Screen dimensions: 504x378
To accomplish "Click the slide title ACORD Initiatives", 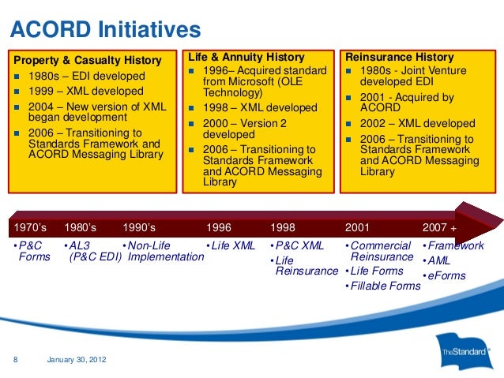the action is [x=106, y=29].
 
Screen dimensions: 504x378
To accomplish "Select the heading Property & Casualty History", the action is [x=88, y=60].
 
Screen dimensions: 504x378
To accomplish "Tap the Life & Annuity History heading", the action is [x=246, y=57].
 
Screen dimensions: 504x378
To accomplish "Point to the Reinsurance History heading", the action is [x=400, y=57].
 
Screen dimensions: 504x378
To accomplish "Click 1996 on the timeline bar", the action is [x=219, y=227].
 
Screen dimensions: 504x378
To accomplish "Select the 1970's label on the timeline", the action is [x=30, y=227].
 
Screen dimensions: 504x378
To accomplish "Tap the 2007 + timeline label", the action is [x=439, y=227].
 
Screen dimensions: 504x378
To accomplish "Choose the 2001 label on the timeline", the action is [x=357, y=227].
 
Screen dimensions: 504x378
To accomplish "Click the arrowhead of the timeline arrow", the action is [x=479, y=223].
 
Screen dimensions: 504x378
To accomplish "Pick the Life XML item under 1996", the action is [x=233, y=245].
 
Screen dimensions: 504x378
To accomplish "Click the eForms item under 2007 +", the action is [x=446, y=275].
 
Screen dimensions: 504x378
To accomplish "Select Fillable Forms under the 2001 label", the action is [x=386, y=286].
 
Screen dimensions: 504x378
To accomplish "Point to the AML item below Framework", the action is [x=438, y=260].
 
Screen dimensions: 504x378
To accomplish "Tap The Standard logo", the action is [x=465, y=352].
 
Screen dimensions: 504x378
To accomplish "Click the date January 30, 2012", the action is [x=77, y=359].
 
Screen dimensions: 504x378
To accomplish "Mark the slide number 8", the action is [x=16, y=359].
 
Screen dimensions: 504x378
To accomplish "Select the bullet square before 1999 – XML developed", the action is [x=17, y=92].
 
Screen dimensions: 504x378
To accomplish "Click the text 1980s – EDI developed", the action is [x=87, y=76].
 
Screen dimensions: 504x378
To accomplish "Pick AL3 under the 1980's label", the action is [x=80, y=245].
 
